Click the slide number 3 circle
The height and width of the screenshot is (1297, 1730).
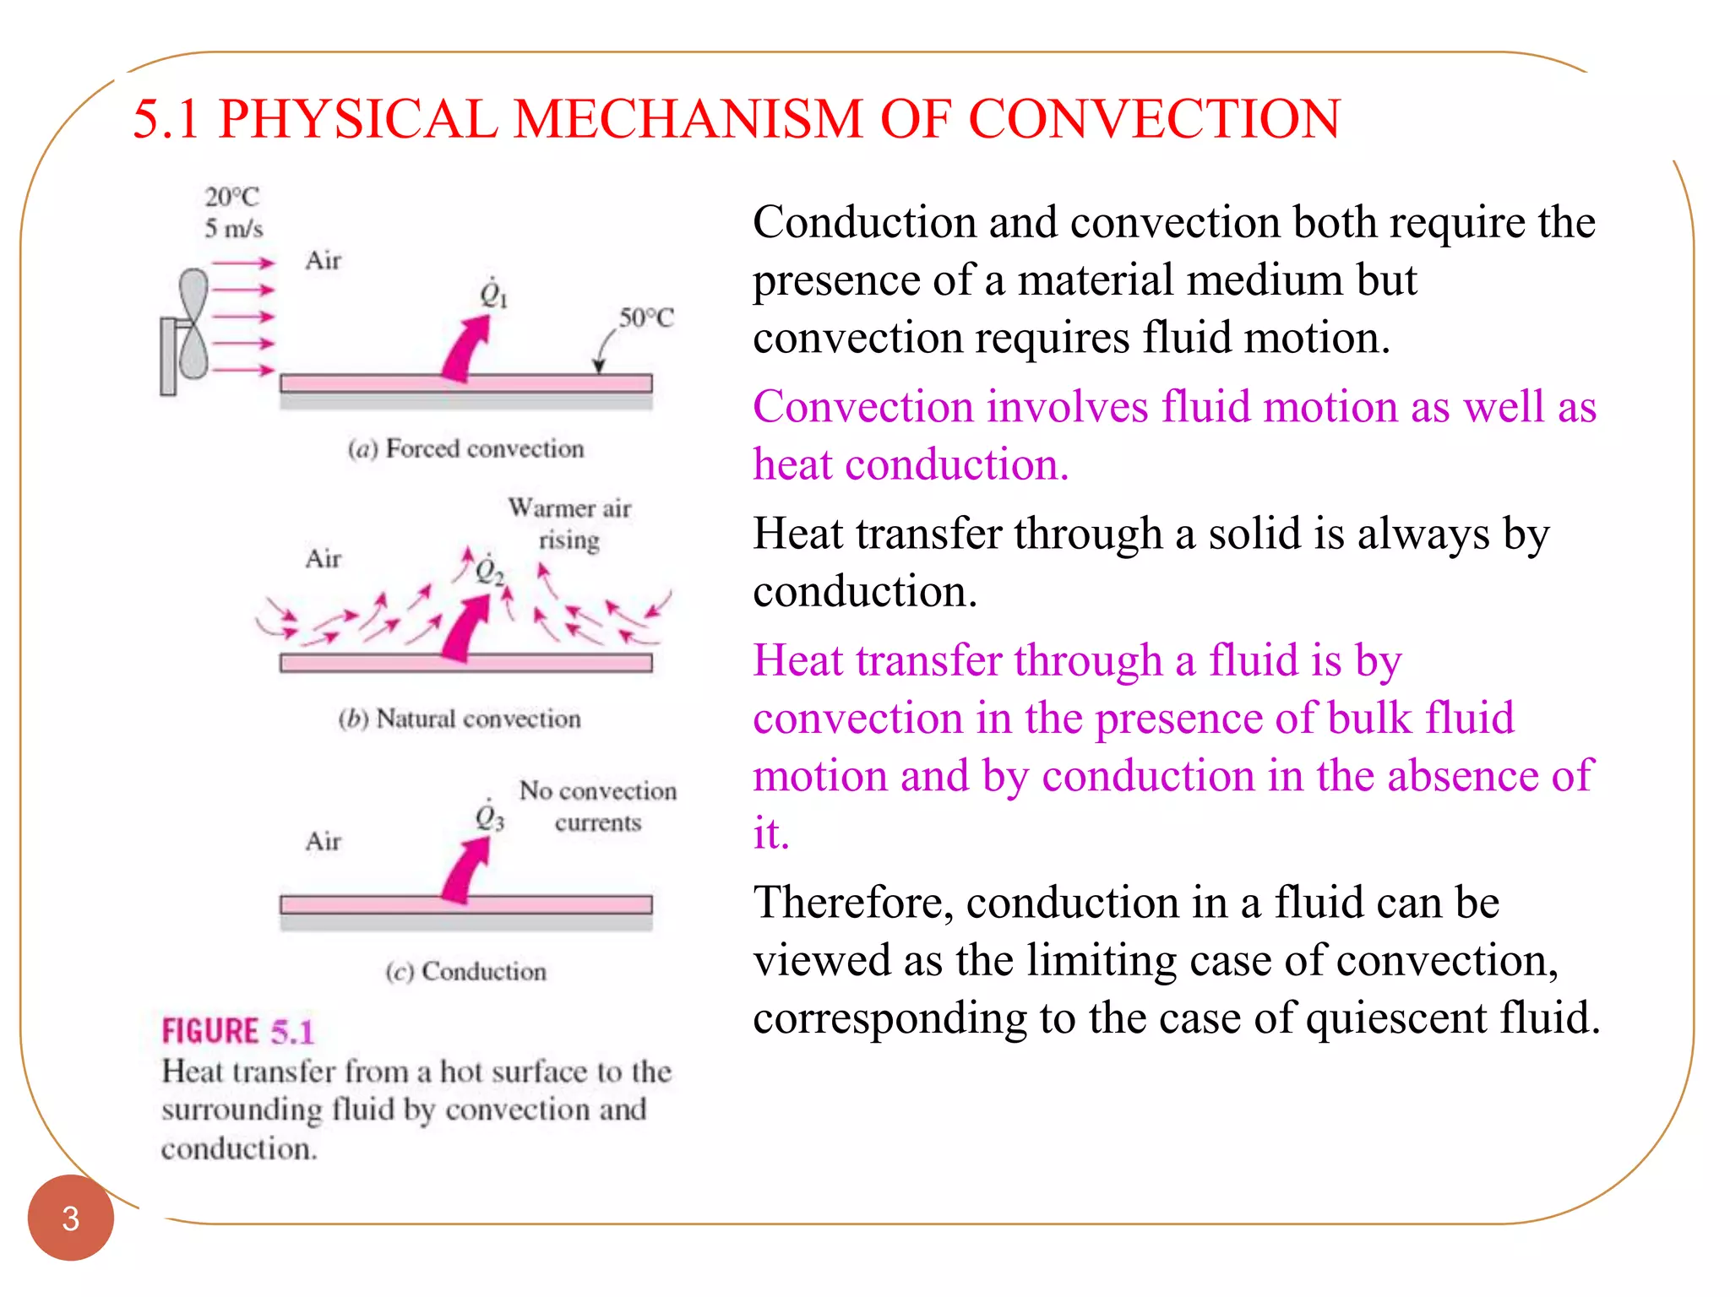(x=70, y=1218)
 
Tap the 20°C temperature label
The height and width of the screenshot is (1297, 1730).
(x=231, y=197)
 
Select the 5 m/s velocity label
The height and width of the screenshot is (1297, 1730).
(x=233, y=229)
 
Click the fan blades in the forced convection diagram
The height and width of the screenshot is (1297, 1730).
(x=194, y=323)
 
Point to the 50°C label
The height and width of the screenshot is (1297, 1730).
(x=646, y=318)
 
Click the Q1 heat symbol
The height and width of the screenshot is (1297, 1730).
(x=492, y=293)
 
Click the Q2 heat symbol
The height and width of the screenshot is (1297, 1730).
(x=489, y=571)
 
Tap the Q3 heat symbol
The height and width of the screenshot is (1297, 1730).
(x=489, y=817)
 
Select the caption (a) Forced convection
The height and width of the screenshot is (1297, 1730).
(x=465, y=448)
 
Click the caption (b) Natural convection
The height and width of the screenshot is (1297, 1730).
(x=460, y=719)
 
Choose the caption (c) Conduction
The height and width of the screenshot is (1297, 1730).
(x=465, y=971)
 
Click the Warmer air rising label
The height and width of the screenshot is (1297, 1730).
(x=569, y=524)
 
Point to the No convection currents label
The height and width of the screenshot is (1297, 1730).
(x=598, y=806)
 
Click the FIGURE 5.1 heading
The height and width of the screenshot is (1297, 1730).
(x=237, y=1031)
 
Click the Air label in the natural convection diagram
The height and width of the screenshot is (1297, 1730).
(x=323, y=559)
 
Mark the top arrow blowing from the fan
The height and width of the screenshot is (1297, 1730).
(x=243, y=263)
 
